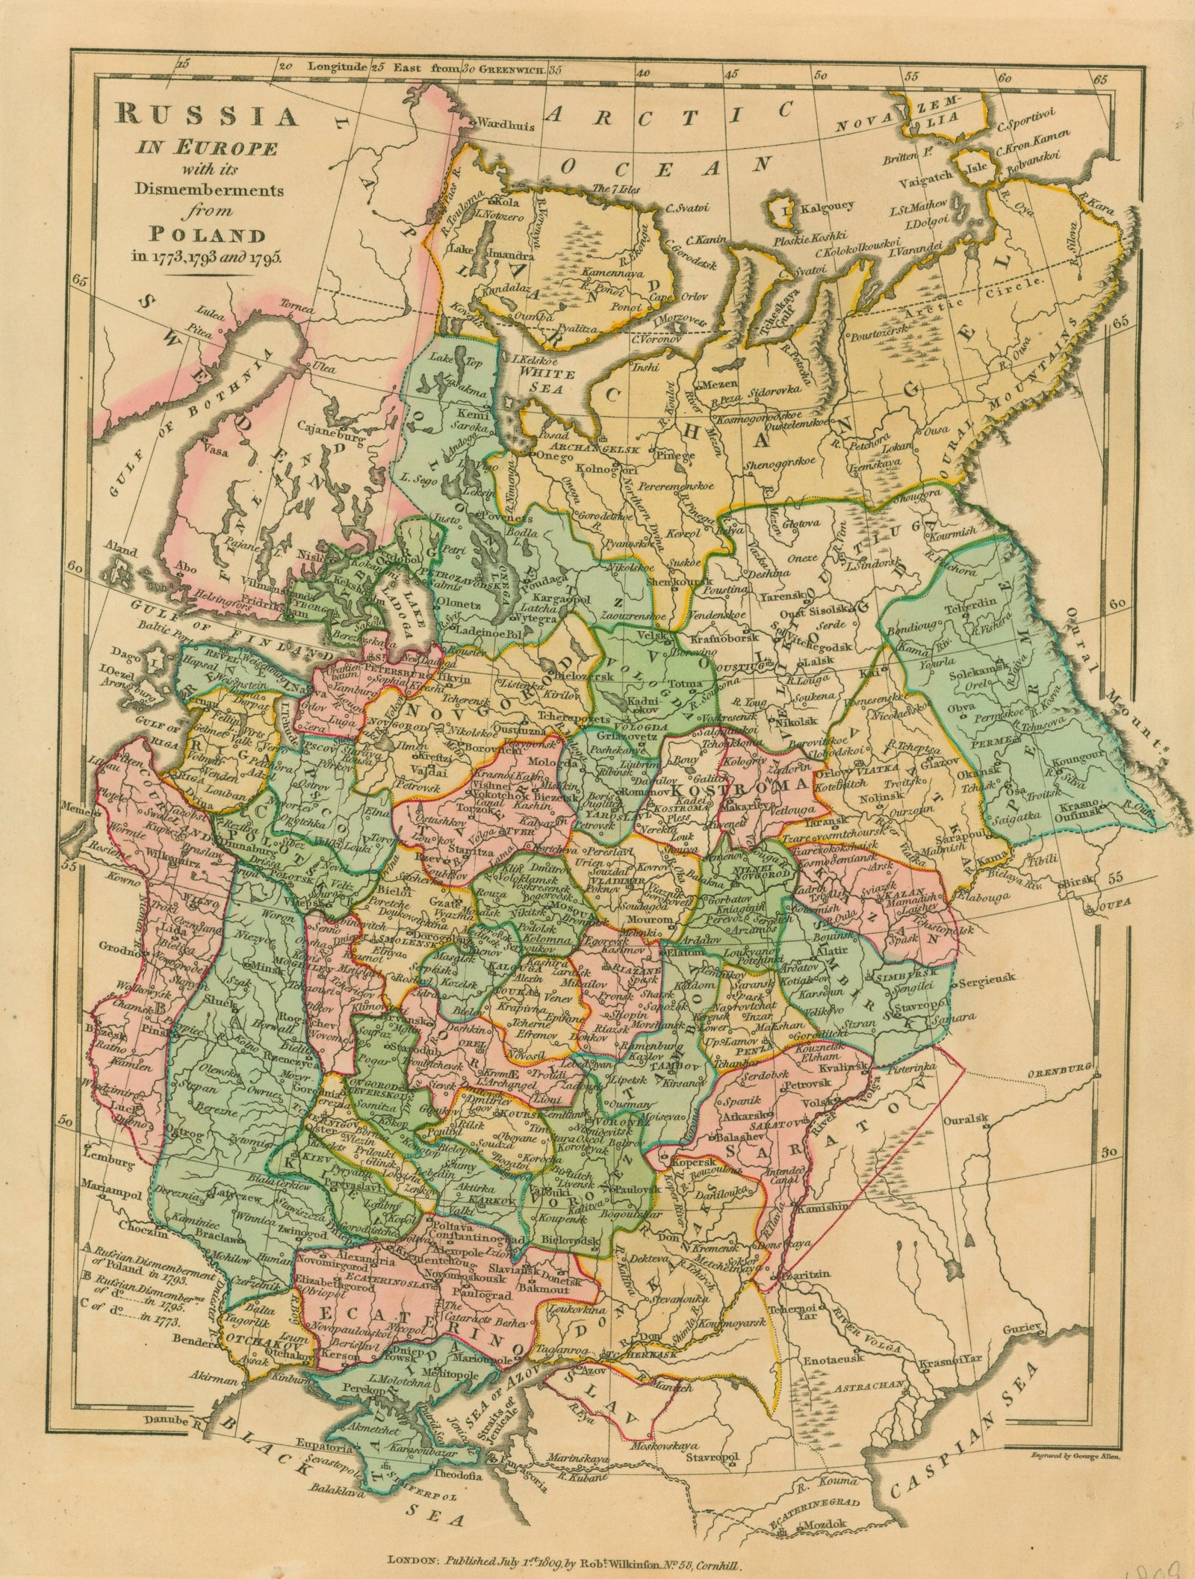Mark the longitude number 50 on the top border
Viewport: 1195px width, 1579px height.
[822, 75]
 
